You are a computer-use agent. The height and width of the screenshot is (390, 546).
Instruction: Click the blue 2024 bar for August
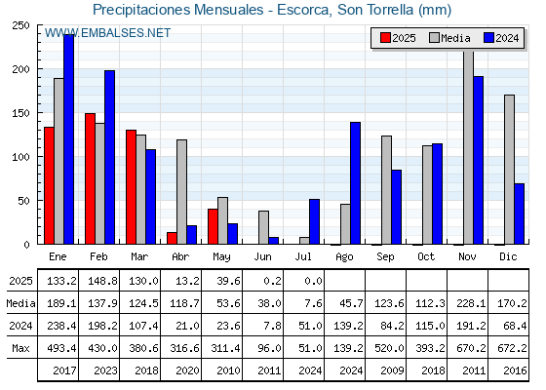[x=356, y=183]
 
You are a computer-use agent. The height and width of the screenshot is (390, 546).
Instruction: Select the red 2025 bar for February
[x=90, y=178]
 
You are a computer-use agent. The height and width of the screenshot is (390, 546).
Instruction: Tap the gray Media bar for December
[x=509, y=170]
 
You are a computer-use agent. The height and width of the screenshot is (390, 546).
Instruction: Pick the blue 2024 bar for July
[x=314, y=222]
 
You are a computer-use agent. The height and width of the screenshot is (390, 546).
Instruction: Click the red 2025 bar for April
[x=172, y=238]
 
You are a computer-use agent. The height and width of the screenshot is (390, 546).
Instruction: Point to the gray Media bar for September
[x=386, y=190]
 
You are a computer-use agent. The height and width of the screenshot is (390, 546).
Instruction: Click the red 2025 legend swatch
[x=385, y=38]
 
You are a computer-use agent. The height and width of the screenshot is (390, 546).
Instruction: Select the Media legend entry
[x=449, y=38]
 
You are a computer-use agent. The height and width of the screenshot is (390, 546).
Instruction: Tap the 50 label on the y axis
[x=23, y=201]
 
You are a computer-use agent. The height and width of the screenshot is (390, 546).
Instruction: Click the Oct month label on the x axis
[x=426, y=257]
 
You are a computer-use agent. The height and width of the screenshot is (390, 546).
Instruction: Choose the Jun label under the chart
[x=262, y=257]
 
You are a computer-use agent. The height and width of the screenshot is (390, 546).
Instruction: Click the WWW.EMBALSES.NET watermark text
[x=107, y=33]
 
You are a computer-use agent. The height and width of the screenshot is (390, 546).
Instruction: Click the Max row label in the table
[x=20, y=348]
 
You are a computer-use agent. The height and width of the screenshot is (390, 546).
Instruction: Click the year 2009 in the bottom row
[x=392, y=370]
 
